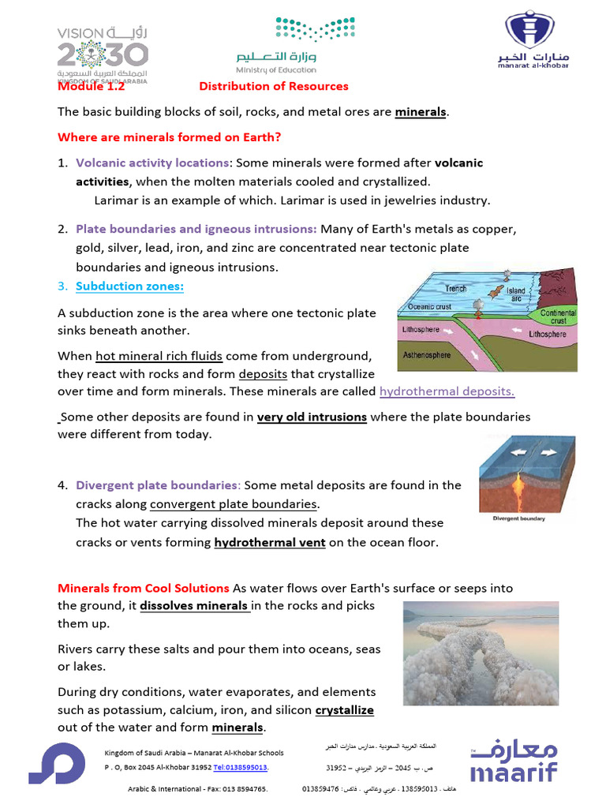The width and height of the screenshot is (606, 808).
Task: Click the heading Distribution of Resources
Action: (x=273, y=86)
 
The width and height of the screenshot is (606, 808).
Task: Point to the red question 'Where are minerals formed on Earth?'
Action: (x=169, y=137)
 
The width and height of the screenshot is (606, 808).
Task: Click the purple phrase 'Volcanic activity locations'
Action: (x=151, y=163)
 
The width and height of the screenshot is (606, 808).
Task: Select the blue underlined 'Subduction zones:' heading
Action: (x=129, y=286)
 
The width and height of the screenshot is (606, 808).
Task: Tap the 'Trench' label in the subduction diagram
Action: (x=455, y=289)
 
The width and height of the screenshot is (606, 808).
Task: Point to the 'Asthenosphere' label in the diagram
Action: (x=427, y=355)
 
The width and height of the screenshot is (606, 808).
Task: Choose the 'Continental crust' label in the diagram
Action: (x=558, y=317)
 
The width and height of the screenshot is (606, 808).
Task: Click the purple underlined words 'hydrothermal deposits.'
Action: (x=447, y=391)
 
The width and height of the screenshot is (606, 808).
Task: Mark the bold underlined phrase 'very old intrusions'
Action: (x=312, y=417)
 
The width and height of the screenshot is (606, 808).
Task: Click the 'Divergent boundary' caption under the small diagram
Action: (x=518, y=519)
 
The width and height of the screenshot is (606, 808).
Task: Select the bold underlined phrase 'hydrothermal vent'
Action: (x=269, y=542)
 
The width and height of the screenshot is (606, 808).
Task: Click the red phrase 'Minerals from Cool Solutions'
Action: (x=144, y=589)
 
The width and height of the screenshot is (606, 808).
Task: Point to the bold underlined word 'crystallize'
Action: (x=344, y=710)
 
